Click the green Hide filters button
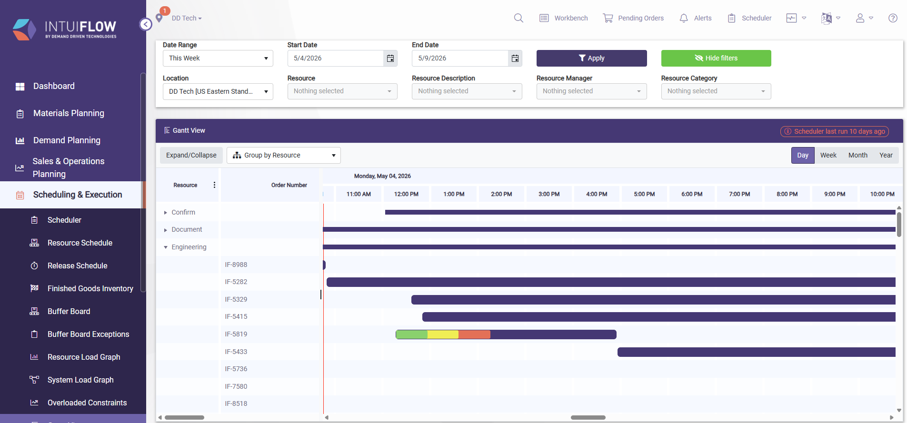(x=716, y=58)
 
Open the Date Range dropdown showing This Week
(x=218, y=58)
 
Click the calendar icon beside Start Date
(x=390, y=58)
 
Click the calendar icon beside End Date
(x=515, y=58)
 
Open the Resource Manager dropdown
(x=591, y=91)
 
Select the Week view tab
(x=828, y=155)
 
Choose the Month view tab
(x=857, y=155)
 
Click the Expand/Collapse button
(x=191, y=155)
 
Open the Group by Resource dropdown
(x=283, y=155)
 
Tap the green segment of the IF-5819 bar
(x=412, y=334)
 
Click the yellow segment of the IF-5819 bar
(x=443, y=334)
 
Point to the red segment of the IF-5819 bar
(x=474, y=334)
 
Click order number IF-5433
(x=236, y=352)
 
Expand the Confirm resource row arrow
(x=165, y=213)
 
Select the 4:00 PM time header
(x=597, y=194)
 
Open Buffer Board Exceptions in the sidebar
(x=88, y=334)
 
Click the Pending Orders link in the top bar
(x=633, y=18)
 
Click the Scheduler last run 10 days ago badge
(x=834, y=131)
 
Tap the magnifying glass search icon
(x=518, y=18)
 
